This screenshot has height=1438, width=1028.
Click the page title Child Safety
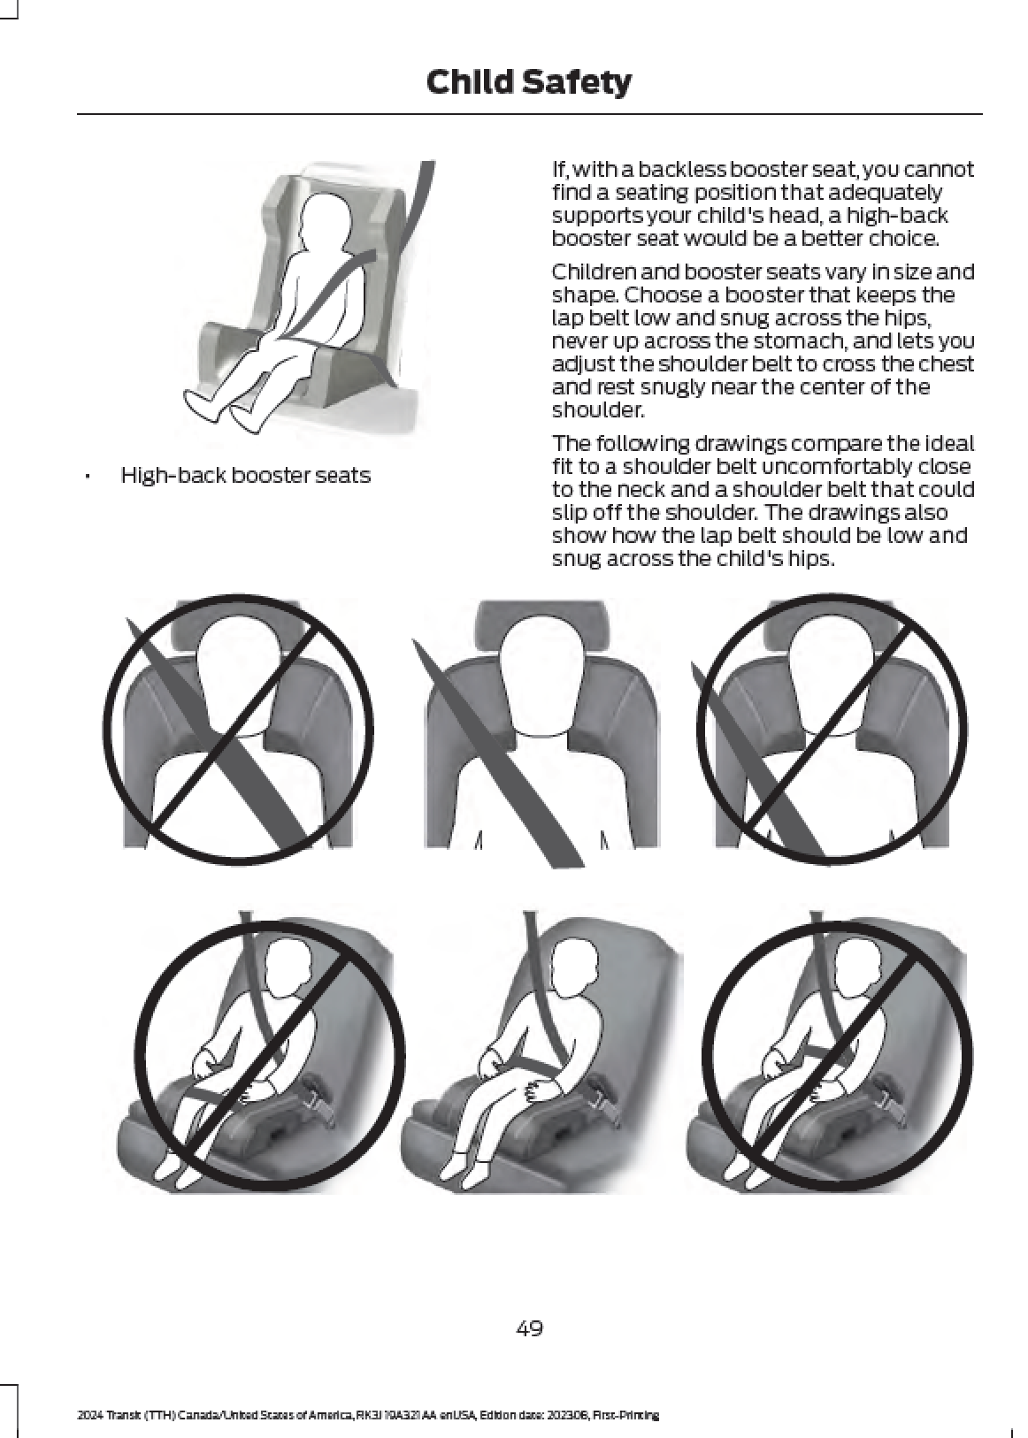click(x=528, y=83)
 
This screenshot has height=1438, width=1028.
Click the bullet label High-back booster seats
click(x=246, y=476)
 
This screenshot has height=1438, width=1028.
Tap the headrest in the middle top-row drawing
click(x=541, y=624)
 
